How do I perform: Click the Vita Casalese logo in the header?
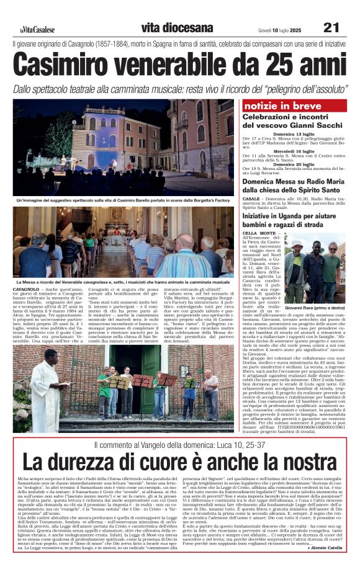click(37, 29)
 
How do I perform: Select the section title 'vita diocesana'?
click(168, 28)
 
